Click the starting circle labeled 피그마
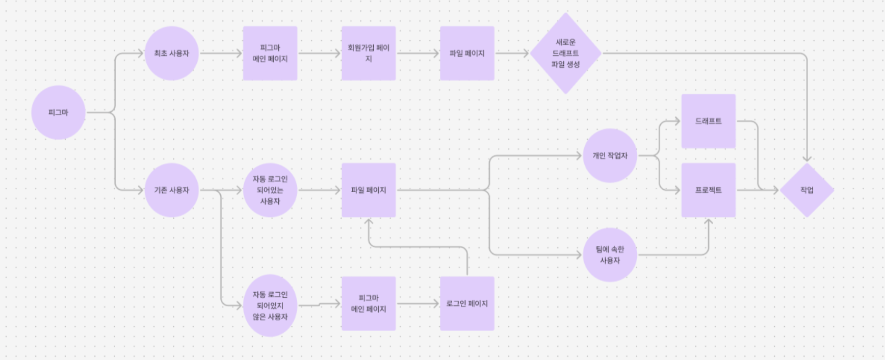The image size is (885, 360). coord(58,112)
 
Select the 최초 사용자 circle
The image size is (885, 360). coord(171,53)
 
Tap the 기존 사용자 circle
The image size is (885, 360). coord(171,190)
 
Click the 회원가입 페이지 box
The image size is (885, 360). coord(369,53)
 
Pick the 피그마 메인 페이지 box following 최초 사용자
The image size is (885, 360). coord(270,53)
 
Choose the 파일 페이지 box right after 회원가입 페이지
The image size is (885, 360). coord(467,53)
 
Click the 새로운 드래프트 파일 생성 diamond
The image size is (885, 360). coord(565,53)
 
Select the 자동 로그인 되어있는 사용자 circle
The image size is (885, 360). coord(270,190)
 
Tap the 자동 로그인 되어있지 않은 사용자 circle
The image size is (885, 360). coord(270,305)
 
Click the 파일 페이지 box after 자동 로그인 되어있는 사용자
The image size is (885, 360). coord(369,190)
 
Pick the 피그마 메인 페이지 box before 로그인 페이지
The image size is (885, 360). coord(369,303)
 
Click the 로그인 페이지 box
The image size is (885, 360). coord(467,303)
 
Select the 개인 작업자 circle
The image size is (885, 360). coord(610,156)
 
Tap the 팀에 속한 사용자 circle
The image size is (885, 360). coord(610,254)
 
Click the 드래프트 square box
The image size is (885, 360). coord(709,121)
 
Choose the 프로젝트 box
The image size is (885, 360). coord(709,190)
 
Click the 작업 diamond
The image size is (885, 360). coord(806,190)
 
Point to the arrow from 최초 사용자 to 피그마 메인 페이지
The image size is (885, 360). coord(221,53)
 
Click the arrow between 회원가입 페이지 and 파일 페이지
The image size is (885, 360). coord(418,53)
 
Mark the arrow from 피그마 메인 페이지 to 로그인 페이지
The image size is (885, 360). coord(418,304)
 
